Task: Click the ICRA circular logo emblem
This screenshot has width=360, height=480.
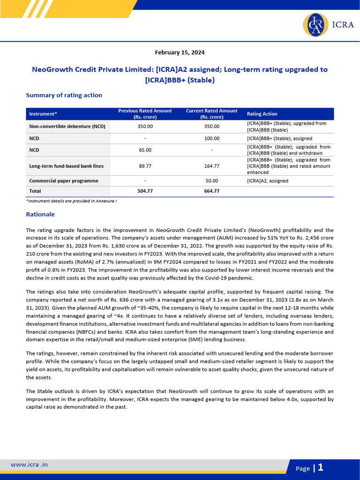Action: (x=315, y=25)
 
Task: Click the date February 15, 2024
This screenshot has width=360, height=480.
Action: (x=180, y=52)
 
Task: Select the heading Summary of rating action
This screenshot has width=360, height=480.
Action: (x=64, y=95)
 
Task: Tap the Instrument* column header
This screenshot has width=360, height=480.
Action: (x=43, y=114)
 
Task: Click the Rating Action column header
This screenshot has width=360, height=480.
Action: (x=262, y=114)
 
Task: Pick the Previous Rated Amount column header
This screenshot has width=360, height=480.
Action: (x=145, y=114)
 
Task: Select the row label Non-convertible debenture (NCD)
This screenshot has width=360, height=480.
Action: (x=67, y=127)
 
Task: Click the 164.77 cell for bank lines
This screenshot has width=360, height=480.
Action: (x=212, y=166)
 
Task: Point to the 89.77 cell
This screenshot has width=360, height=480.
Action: (x=145, y=166)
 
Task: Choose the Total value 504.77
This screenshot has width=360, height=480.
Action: (x=145, y=191)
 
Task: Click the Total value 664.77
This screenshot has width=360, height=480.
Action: (x=212, y=191)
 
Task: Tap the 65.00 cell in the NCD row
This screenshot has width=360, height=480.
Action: (x=145, y=150)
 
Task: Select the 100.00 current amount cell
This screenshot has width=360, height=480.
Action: (x=212, y=139)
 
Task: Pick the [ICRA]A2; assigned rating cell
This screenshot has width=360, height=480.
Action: (x=268, y=181)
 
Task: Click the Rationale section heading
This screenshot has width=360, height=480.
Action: (x=40, y=214)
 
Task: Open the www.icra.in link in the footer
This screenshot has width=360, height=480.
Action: (x=29, y=465)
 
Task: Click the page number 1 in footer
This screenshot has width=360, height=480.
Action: (x=321, y=467)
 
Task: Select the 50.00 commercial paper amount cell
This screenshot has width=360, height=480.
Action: (x=212, y=181)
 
